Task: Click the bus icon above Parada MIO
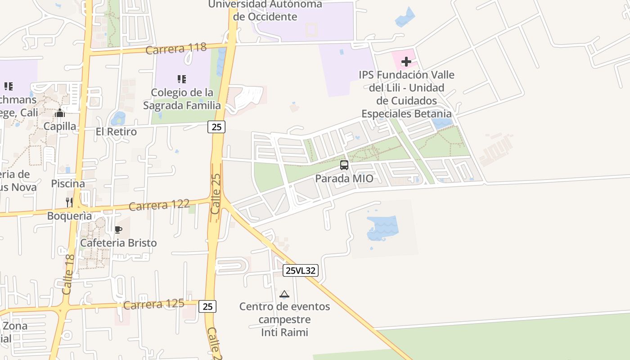(x=344, y=165)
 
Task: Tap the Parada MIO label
(x=344, y=179)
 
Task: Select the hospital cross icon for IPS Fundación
(x=406, y=62)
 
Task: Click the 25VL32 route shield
(x=301, y=270)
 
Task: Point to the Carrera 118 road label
(x=176, y=48)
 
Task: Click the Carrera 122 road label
(x=159, y=205)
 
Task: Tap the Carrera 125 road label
(x=153, y=305)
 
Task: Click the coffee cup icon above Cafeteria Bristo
(x=118, y=230)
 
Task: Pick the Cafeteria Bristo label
(x=118, y=243)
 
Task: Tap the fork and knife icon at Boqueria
(x=69, y=202)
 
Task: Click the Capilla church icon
(x=60, y=113)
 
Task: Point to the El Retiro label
(x=116, y=132)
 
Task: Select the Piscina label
(x=68, y=184)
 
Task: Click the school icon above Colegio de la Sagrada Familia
(x=182, y=80)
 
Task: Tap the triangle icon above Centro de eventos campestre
(x=284, y=294)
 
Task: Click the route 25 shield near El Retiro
(x=216, y=127)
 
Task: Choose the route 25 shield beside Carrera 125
(x=207, y=306)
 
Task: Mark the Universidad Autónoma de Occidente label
(x=265, y=10)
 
